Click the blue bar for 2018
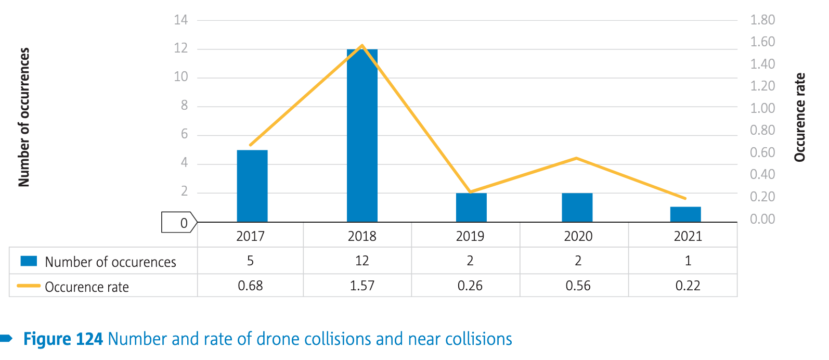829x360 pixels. coord(362,135)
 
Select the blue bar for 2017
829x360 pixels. coord(252,186)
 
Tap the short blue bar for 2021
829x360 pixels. coord(685,214)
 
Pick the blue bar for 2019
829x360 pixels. coord(471,208)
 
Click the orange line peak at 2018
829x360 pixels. coord(362,46)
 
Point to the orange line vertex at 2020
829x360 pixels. coord(577,158)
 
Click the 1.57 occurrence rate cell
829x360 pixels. coord(362,286)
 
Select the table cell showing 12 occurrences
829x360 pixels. coord(362,261)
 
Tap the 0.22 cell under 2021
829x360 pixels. coord(688,286)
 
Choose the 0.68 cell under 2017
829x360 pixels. coord(250,286)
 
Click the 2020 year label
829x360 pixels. coord(578,236)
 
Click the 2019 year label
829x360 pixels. coord(470,236)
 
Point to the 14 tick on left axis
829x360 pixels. coord(180,20)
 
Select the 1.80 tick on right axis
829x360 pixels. coord(762,20)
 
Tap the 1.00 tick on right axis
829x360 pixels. coord(762,108)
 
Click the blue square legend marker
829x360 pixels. coord(29,261)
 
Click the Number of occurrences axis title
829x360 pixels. coord(24,117)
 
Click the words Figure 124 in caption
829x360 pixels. coord(63,339)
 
